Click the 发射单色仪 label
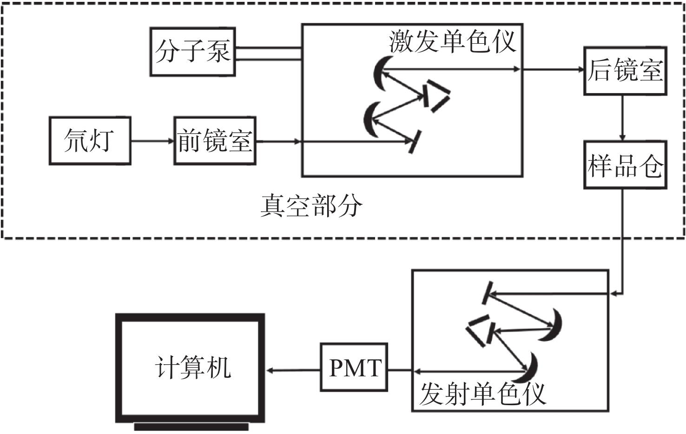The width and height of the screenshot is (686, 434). (x=483, y=394)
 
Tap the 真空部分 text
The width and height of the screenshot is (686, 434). (x=311, y=206)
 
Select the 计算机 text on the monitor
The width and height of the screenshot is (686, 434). (x=193, y=367)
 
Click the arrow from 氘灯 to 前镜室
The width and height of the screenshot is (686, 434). (x=152, y=141)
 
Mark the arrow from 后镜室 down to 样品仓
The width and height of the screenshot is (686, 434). (x=622, y=118)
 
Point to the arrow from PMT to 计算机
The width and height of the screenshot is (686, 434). (x=293, y=371)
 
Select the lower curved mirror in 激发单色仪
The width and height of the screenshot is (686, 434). (x=369, y=120)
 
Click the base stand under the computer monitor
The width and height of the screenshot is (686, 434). (x=191, y=427)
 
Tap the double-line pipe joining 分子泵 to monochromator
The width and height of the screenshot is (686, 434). (x=269, y=53)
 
